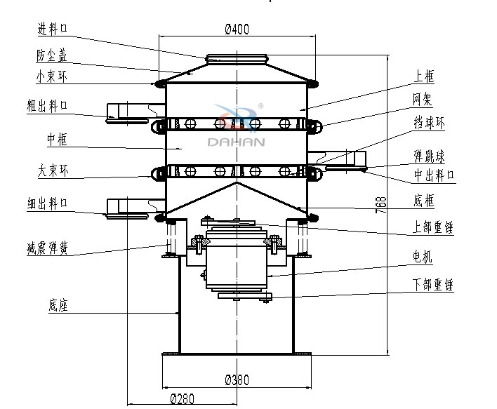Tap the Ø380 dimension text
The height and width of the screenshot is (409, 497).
(x=237, y=380)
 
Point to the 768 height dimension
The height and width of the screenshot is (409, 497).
(x=381, y=204)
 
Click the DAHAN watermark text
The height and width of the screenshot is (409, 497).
(x=237, y=141)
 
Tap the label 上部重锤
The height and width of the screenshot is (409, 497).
(x=432, y=227)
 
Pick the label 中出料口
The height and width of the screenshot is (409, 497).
(x=432, y=174)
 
